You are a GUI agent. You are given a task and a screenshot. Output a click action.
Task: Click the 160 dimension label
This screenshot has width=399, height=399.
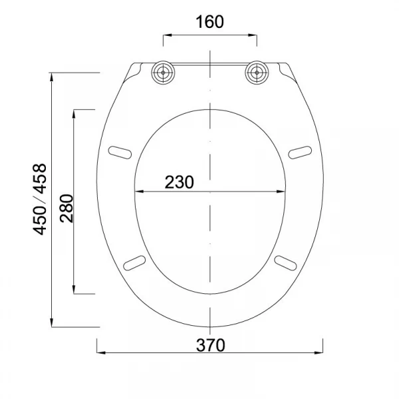[x=209, y=22]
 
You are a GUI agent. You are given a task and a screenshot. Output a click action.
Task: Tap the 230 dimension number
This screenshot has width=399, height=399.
[x=179, y=182]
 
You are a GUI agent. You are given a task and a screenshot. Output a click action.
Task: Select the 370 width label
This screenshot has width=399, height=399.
[x=210, y=345]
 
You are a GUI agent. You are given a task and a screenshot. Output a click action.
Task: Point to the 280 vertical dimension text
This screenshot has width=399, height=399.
[x=66, y=208]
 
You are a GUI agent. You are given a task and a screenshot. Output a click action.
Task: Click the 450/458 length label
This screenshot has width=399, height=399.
[x=40, y=199]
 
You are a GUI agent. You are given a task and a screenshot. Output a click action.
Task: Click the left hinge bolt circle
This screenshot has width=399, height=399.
[x=163, y=72]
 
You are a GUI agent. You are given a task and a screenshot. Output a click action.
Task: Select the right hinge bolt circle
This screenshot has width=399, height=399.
[x=257, y=72]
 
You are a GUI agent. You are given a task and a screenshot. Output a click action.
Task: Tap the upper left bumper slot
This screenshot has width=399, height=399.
[x=120, y=152]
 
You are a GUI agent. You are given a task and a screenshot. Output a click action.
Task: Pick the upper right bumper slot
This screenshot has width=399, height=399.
[x=300, y=152]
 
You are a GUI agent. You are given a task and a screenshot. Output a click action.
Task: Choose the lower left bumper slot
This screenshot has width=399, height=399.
[x=134, y=263]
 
